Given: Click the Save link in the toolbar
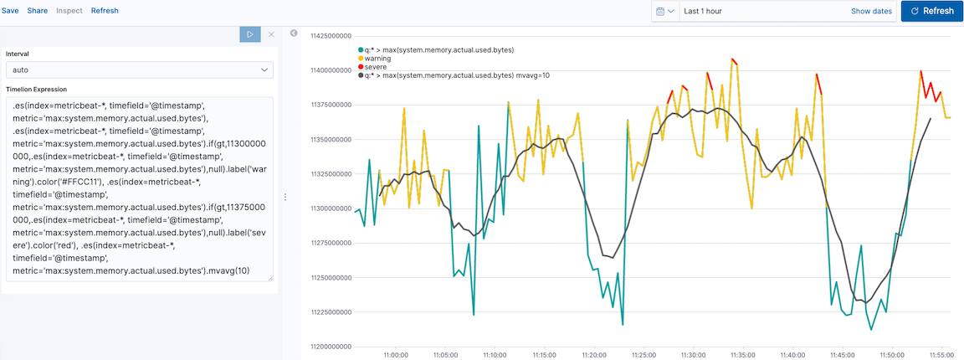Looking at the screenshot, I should pos(10,11).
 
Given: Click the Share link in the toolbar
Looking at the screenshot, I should pos(38,11).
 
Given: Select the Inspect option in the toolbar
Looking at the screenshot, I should pos(69,11).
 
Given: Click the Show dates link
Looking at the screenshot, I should pos(871,11).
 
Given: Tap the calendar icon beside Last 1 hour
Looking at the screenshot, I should pos(664,11).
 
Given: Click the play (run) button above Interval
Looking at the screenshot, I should pos(249,34).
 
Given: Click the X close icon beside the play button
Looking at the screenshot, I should pos(270,34).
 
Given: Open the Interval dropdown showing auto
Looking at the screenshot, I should pos(139,70).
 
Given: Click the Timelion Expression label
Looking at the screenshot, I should pos(36,89).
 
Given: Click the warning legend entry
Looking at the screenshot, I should pos(378,59).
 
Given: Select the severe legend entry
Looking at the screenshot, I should pos(376,67).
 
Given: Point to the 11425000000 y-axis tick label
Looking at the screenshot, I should pos(330,36).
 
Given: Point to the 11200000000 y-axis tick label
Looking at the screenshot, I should pos(330,347).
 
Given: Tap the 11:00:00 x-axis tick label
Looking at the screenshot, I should pos(395,355).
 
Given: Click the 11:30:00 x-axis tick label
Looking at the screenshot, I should pos(693,355).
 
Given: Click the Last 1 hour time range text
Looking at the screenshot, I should pos(702,11).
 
